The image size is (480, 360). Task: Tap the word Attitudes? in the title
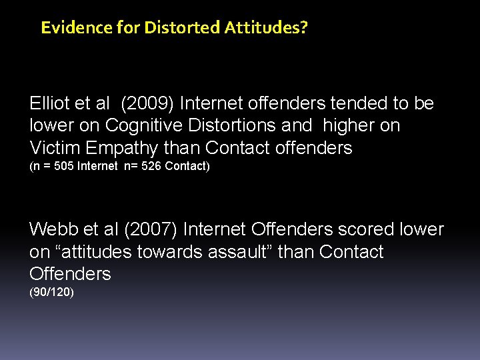[266, 28]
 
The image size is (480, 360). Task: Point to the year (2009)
[149, 103]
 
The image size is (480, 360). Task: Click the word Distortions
[241, 125]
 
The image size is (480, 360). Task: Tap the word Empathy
[123, 148]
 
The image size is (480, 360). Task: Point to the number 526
[151, 166]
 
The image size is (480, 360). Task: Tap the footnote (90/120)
[52, 292]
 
